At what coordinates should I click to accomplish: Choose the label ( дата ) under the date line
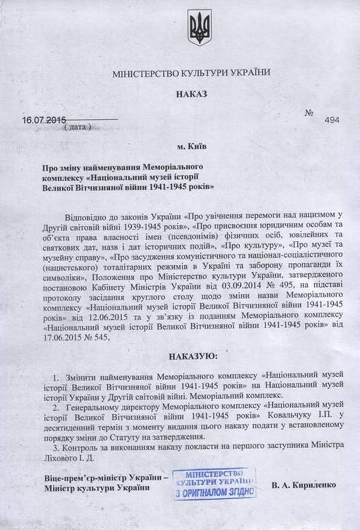tap(76, 127)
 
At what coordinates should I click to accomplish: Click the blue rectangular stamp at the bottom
tap(215, 483)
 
